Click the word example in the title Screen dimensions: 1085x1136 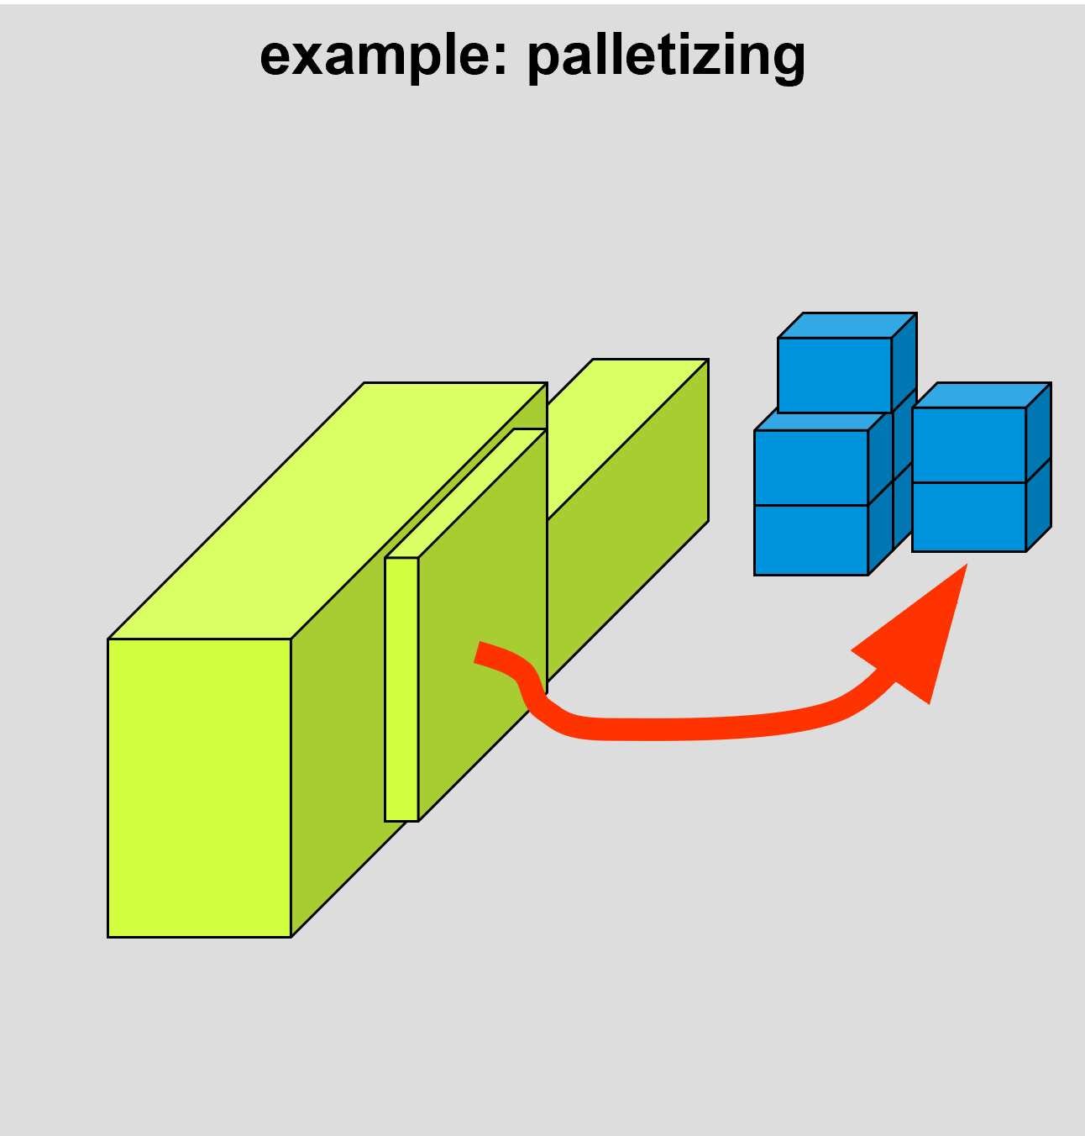tap(374, 57)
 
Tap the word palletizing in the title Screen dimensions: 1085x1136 tap(666, 57)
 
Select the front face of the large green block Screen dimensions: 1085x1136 tap(200, 788)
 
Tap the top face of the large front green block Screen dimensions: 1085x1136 tap(328, 511)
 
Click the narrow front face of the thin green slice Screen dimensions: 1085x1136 tap(401, 690)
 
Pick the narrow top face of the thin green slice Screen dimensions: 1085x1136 tap(465, 493)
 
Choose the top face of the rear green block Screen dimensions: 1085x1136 tap(628, 438)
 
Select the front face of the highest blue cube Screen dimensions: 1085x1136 tap(835, 375)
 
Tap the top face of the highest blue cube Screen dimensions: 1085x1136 tap(847, 325)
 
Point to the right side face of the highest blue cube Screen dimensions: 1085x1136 tap(904, 362)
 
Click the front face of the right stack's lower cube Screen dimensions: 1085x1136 tap(969, 518)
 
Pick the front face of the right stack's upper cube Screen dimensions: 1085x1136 tap(969, 445)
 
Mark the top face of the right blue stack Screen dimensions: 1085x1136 tap(982, 395)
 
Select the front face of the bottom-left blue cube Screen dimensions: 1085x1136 tap(811, 540)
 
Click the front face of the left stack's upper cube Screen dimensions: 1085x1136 tap(811, 468)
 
